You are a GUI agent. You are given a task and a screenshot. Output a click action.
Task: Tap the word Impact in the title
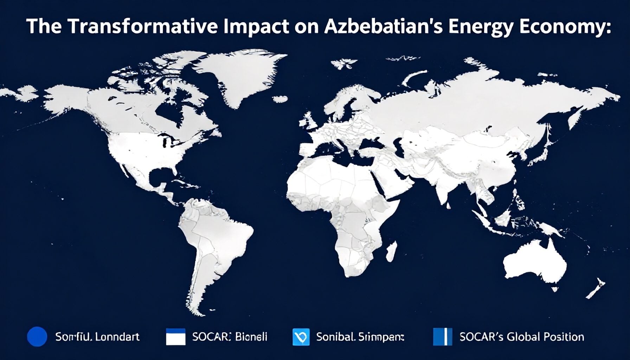tap(256, 27)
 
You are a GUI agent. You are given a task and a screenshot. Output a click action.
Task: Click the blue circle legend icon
tap(37, 337)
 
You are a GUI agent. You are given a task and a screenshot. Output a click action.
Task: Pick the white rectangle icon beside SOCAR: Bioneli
tap(175, 337)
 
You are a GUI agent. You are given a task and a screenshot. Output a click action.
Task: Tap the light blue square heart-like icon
tap(301, 337)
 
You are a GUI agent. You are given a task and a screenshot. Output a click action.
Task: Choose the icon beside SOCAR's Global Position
tap(442, 337)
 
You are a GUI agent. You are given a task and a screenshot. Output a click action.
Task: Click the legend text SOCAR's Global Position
tap(522, 337)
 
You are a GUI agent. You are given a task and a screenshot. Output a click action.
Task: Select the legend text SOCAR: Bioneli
tap(230, 337)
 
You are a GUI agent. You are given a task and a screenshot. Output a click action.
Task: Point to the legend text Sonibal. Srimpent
tap(360, 337)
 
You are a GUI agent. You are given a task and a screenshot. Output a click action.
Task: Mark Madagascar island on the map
tap(391, 252)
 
